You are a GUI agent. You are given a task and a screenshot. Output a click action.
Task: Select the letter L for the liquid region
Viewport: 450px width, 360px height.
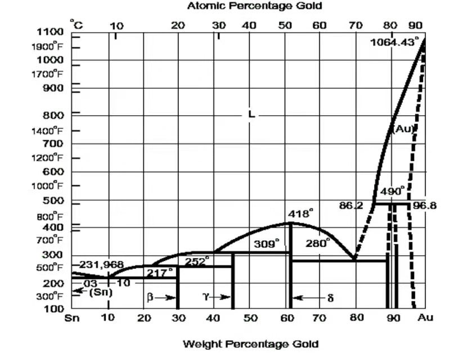[251, 114]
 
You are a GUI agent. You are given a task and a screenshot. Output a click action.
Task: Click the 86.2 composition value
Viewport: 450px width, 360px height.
[351, 206]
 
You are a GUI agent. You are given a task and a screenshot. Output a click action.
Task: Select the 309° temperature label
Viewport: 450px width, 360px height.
[266, 244]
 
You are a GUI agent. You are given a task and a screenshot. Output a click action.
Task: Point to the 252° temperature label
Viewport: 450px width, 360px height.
[196, 260]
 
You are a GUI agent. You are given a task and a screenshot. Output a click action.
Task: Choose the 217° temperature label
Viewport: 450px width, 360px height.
[160, 272]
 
